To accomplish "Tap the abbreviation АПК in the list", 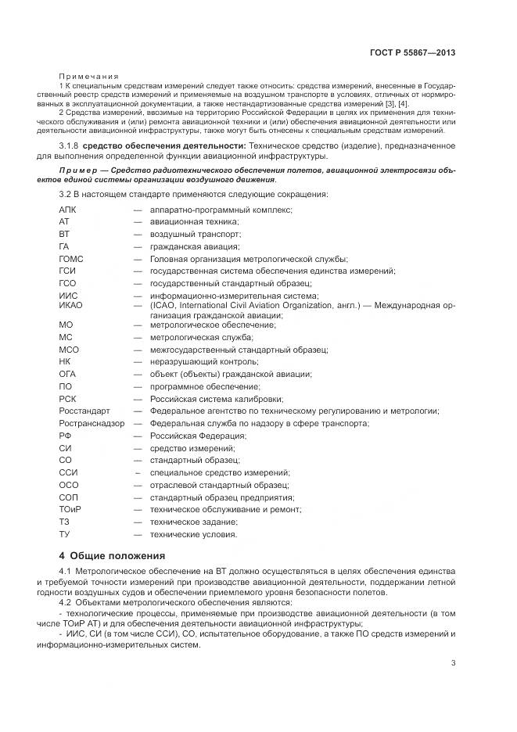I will click(68, 210).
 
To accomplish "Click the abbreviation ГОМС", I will click(71, 259).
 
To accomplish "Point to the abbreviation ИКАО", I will click(70, 305).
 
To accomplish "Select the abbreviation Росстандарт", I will click(84, 411).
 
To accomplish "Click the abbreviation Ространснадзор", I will click(91, 423).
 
